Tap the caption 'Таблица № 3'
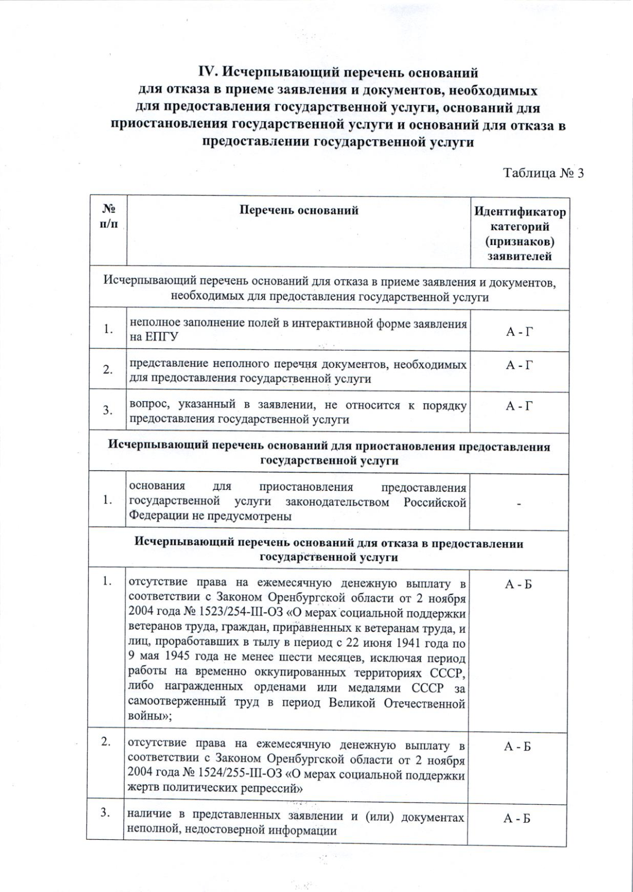(x=544, y=173)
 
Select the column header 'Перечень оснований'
(x=299, y=210)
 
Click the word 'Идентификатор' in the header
(x=520, y=212)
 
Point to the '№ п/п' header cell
(x=108, y=216)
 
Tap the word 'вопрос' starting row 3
(x=146, y=406)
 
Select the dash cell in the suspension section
(x=519, y=504)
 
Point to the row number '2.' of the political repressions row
(x=106, y=742)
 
